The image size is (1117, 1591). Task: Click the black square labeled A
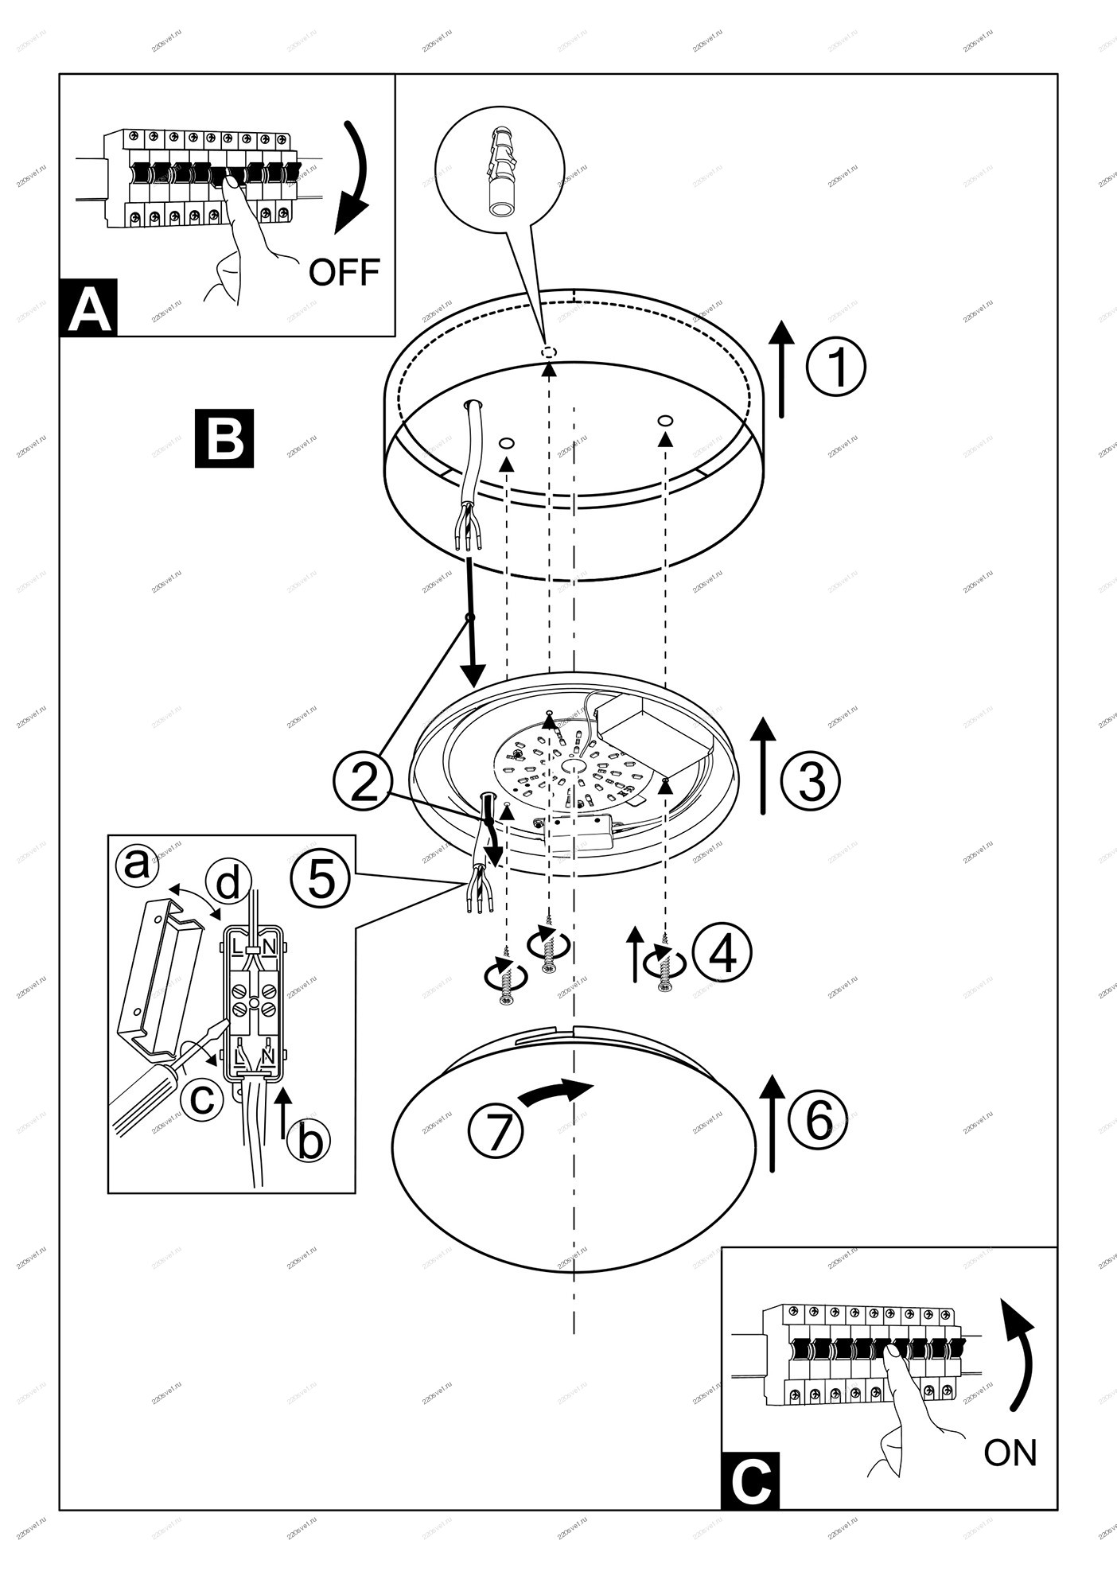pos(88,307)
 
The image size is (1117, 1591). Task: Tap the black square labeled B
pos(224,438)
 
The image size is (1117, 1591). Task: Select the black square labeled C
pos(750,1480)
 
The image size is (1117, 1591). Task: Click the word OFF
pos(344,272)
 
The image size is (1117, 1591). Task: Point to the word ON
pos(1010,1453)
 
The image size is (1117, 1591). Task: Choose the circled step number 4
pos(722,953)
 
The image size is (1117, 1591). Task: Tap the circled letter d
pos(228,883)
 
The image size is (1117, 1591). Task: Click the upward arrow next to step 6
pos(772,1123)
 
